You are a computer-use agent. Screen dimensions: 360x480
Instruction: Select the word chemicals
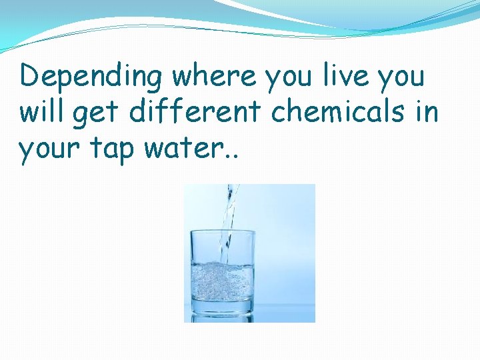click(x=339, y=112)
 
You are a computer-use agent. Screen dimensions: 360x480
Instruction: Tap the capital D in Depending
click(x=30, y=76)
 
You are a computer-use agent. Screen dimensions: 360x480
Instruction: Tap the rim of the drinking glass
click(x=223, y=233)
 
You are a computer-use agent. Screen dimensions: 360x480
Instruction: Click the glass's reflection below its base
click(x=223, y=318)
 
